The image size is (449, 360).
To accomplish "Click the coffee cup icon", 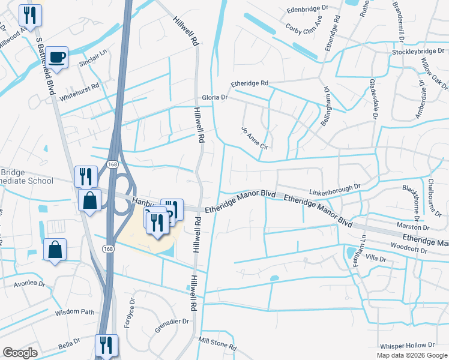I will pos(58,57).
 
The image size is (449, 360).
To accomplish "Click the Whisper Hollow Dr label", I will pos(407,346).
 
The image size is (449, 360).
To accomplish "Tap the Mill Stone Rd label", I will pos(217,341).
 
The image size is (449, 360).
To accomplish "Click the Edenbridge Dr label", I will pos(308,10).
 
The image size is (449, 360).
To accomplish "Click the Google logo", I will pos(20,353).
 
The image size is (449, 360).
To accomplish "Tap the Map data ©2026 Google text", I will pos(411,355).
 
